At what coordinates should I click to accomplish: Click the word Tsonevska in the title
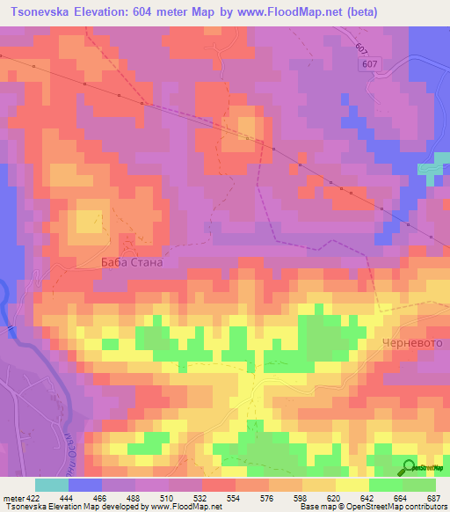coord(48,12)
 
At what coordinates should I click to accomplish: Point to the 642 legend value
coord(370,497)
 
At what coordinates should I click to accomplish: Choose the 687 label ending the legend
coord(436,497)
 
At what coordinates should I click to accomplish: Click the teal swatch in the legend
coord(52,485)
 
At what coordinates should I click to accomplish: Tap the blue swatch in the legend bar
coord(85,485)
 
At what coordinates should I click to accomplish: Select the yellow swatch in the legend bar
coord(352,485)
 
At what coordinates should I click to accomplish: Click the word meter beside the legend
coord(13,497)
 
